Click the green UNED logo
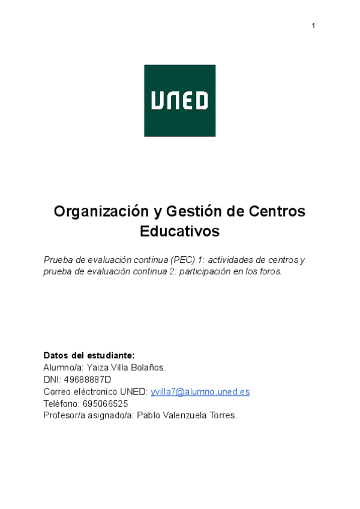coord(179,100)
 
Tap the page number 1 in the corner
coord(313,25)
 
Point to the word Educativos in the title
coord(179,231)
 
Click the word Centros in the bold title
coord(277,211)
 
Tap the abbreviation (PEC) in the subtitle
coord(182,260)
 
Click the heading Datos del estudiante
coord(89,355)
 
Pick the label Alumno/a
coord(62,367)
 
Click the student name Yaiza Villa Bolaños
coord(126,367)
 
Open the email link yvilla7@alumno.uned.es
coord(200,391)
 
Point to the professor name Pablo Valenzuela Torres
coord(187,415)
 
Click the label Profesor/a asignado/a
coord(88,415)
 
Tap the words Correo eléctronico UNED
coord(95,391)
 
